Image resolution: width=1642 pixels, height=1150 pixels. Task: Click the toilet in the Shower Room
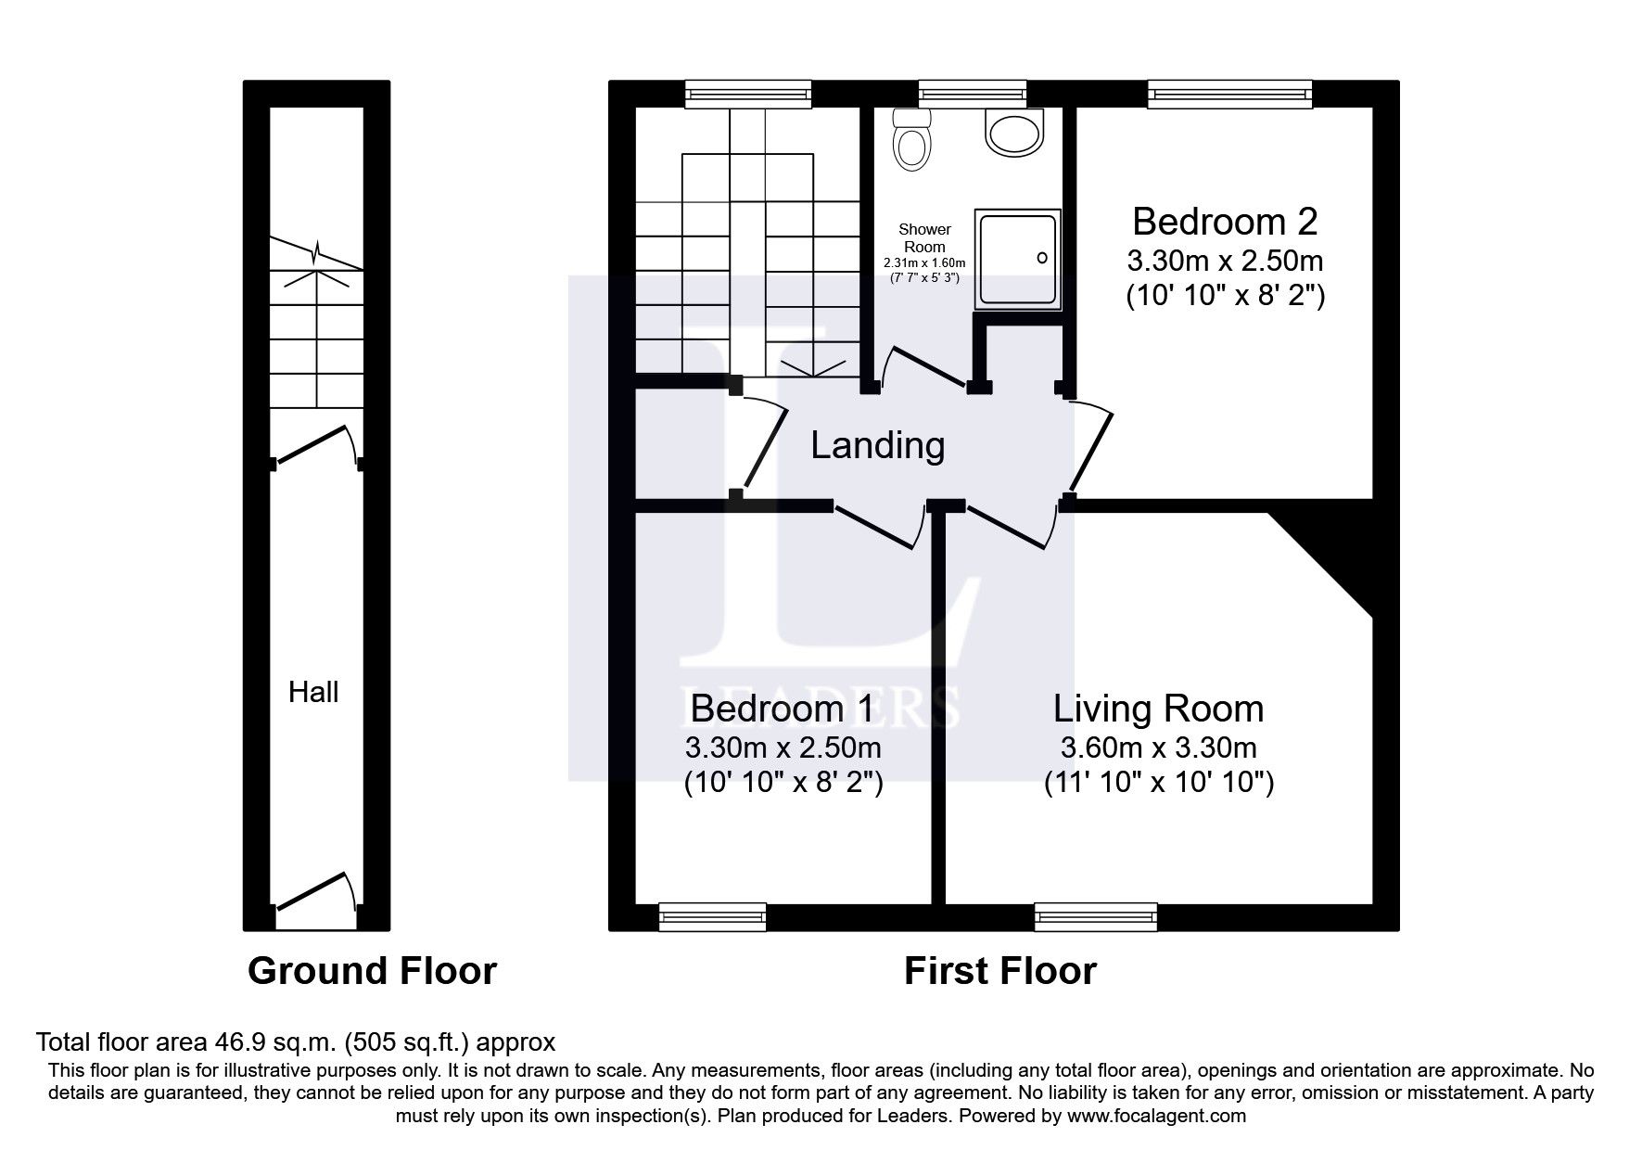click(911, 141)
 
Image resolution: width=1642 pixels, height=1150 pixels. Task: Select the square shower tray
click(1016, 259)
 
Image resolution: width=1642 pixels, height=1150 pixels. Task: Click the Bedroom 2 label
click(1224, 222)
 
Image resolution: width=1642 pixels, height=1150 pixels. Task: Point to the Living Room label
click(1158, 709)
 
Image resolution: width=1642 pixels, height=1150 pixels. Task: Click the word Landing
click(877, 445)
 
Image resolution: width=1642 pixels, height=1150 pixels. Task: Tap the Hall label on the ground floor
click(313, 692)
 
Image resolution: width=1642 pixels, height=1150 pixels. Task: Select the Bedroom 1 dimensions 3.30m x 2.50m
click(783, 747)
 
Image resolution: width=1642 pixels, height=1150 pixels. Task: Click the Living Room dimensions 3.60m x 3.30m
click(1158, 747)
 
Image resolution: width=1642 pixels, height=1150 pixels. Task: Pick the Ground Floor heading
click(372, 971)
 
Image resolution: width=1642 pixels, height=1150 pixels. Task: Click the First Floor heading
click(999, 971)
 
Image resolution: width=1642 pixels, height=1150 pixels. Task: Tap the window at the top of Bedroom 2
click(1229, 93)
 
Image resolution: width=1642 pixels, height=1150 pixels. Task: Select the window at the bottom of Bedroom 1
click(712, 917)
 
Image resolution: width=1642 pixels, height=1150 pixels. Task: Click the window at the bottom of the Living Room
click(1096, 917)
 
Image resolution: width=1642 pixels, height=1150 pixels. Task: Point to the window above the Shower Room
click(973, 93)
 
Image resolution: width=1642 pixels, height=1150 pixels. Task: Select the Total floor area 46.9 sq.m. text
click(295, 1041)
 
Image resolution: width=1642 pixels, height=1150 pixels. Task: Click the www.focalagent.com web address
click(1156, 1116)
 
